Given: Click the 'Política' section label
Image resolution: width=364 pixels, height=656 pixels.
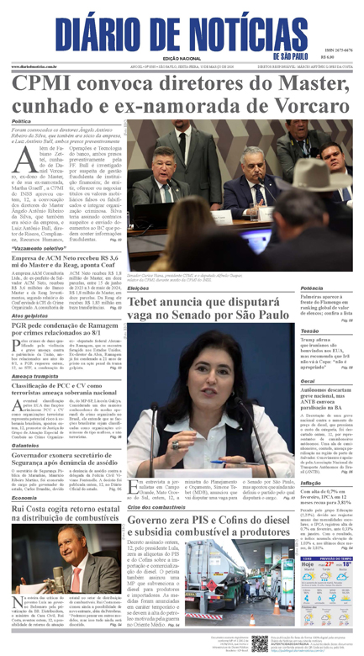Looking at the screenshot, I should point(22,122).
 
